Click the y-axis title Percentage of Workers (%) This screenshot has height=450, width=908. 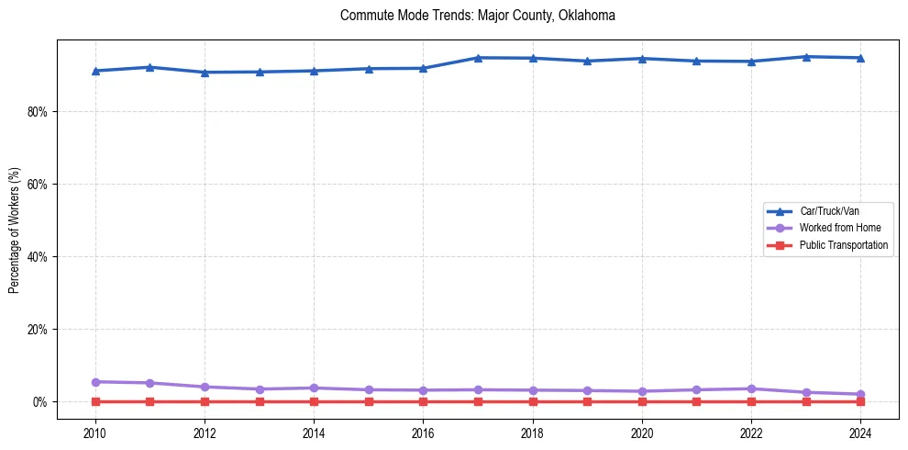[x=14, y=230]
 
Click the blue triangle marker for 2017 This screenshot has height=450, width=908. [x=478, y=58]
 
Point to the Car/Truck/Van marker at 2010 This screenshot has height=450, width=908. [x=94, y=71]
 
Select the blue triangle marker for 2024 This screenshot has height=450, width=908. [x=860, y=58]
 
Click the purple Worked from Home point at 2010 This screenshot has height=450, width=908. [x=94, y=382]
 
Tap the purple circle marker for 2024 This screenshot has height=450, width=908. [x=860, y=394]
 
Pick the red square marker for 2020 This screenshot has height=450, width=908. [x=642, y=401]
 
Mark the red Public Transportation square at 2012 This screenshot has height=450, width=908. [x=205, y=401]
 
